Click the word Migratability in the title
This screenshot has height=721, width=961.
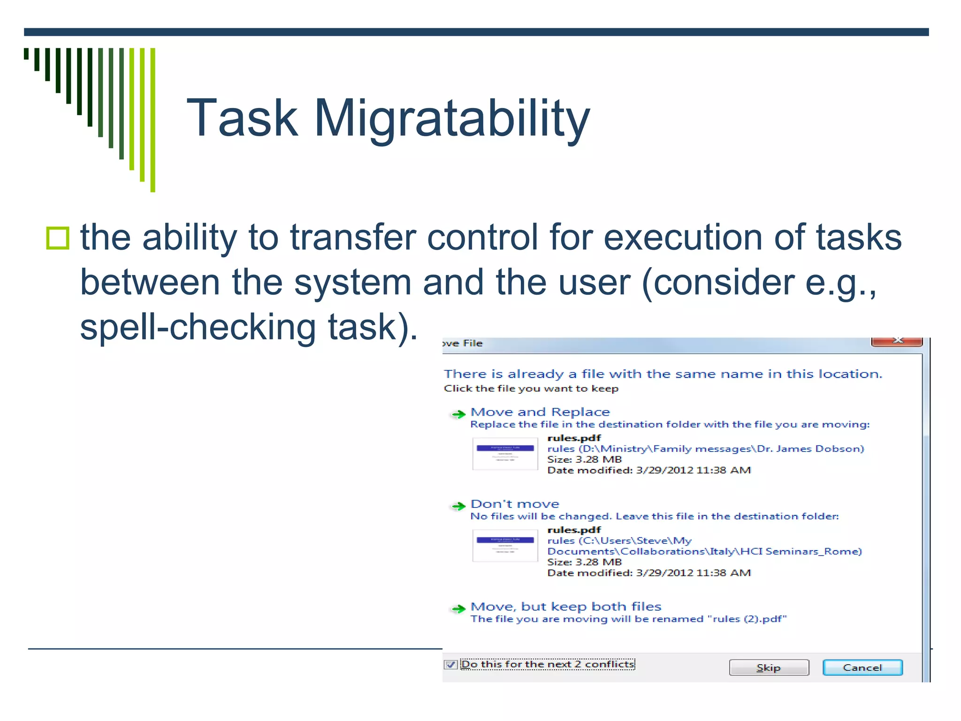pos(451,118)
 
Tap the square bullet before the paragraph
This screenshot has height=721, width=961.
pos(58,238)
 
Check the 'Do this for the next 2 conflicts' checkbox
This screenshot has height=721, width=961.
pos(450,665)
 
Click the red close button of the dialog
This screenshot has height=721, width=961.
pos(897,341)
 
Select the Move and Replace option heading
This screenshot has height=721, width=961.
pos(540,412)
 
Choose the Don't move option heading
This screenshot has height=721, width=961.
pos(515,504)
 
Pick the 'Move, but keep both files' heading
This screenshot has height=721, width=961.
pos(566,606)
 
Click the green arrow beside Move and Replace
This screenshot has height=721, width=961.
pos(458,414)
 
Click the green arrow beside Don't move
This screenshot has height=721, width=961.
pos(458,506)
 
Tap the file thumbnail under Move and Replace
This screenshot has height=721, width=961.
pos(505,453)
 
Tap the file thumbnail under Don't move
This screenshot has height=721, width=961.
pos(505,545)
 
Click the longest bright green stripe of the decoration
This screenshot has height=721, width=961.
pos(153,120)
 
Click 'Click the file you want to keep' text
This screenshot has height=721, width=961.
pos(531,389)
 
